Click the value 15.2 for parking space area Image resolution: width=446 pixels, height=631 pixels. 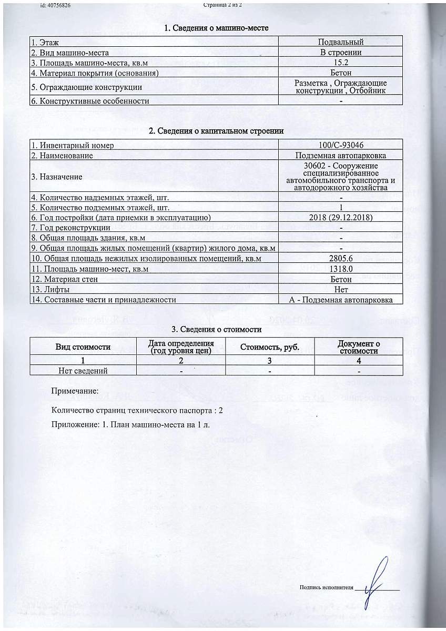pos(340,63)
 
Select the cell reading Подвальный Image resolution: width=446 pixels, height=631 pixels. pos(340,42)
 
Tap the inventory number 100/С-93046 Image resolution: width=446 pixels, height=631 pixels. pos(340,145)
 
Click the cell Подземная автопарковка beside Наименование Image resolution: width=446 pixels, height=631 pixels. pos(340,156)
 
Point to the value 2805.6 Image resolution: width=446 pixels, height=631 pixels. pos(340,259)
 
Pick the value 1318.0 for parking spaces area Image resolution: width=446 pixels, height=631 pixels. pos(340,269)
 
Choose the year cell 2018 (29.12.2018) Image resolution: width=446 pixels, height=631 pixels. pos(340,218)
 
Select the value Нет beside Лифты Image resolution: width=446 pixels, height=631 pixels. pos(340,289)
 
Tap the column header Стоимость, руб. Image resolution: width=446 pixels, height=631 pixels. pos(269,347)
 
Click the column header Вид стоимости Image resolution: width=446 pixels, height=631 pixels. pos(83,347)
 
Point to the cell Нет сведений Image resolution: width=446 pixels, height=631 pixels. pos(83,371)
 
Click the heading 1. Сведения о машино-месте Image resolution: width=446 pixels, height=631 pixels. pos(217,28)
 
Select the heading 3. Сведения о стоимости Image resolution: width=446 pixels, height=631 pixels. pos(217,330)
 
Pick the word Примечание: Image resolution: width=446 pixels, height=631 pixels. pos(74,392)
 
